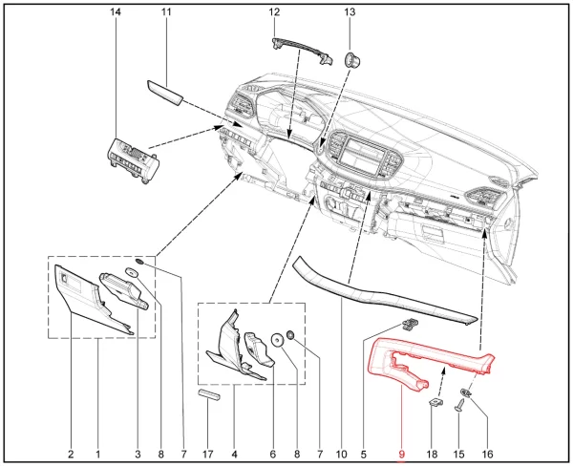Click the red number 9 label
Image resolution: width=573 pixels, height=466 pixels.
402,455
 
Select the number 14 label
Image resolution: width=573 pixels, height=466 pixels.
116,12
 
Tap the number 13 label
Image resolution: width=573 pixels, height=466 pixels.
350,12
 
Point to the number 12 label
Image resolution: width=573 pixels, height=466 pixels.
274,12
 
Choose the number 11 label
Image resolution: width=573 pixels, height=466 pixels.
166,12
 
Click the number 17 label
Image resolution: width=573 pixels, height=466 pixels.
207,455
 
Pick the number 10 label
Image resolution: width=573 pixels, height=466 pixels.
341,455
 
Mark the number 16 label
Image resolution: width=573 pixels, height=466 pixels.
487,455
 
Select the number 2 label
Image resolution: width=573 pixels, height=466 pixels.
71,455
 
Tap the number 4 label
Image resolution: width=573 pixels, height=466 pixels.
234,455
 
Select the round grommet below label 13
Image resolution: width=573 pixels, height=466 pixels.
352,59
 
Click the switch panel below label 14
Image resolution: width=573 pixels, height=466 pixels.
133,159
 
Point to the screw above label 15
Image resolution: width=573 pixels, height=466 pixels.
459,405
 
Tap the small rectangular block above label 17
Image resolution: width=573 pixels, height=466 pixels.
209,394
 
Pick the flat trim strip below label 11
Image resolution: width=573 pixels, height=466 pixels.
164,93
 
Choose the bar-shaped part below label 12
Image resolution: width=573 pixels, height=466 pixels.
302,51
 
